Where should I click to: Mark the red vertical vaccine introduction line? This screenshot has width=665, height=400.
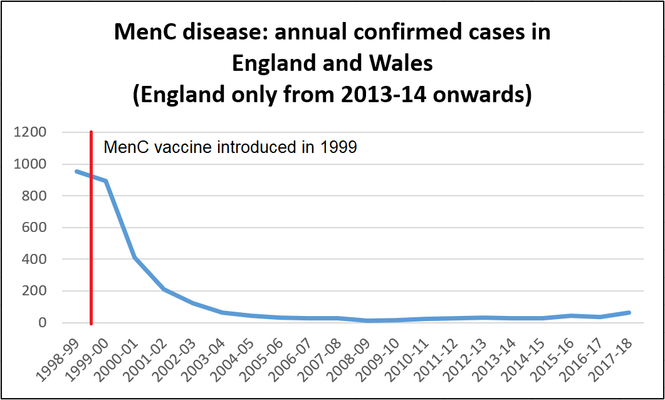[x=92, y=251]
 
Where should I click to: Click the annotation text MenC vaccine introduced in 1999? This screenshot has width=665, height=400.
[x=230, y=147]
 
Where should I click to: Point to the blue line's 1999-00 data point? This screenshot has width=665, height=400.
[x=106, y=181]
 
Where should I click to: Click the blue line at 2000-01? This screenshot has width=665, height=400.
[x=135, y=258]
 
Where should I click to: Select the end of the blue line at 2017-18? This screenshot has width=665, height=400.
[x=629, y=312]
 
